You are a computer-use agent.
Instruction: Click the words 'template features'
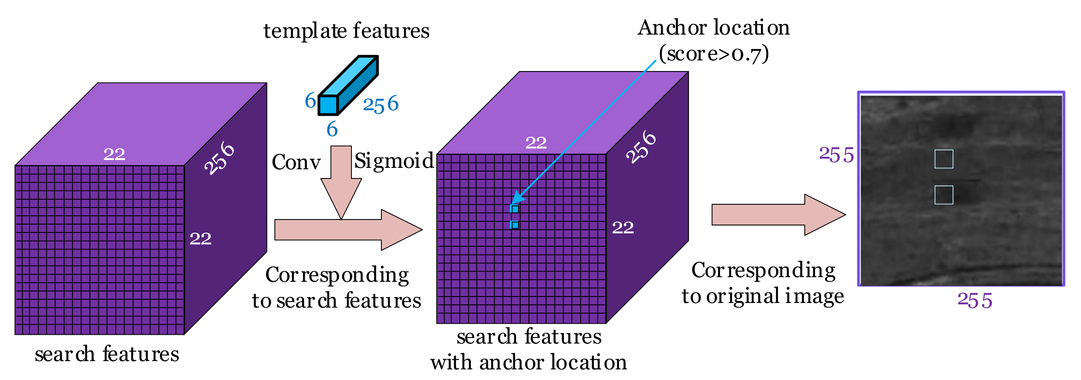pyautogui.click(x=346, y=31)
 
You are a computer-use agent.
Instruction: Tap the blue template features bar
pyautogui.click(x=349, y=85)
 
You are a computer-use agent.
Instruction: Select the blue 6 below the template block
pyautogui.click(x=332, y=130)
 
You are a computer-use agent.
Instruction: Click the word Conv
pyautogui.click(x=296, y=162)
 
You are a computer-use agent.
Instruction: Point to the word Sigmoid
pyautogui.click(x=394, y=161)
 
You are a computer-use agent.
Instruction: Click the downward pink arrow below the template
pyautogui.click(x=341, y=184)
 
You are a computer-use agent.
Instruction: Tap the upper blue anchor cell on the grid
pyautogui.click(x=515, y=209)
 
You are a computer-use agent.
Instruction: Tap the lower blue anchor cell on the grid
pyautogui.click(x=515, y=225)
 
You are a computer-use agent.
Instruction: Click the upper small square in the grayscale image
pyautogui.click(x=944, y=159)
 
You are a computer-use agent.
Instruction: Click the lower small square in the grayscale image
pyautogui.click(x=944, y=195)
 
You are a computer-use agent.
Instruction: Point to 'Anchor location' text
pyautogui.click(x=713, y=28)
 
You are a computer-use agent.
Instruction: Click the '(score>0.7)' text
pyautogui.click(x=713, y=54)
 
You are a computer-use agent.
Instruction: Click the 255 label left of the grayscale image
pyautogui.click(x=836, y=155)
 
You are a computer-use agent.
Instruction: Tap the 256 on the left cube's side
pyautogui.click(x=220, y=158)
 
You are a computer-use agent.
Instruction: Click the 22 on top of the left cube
pyautogui.click(x=114, y=154)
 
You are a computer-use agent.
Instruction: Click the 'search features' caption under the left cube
pyautogui.click(x=107, y=354)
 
